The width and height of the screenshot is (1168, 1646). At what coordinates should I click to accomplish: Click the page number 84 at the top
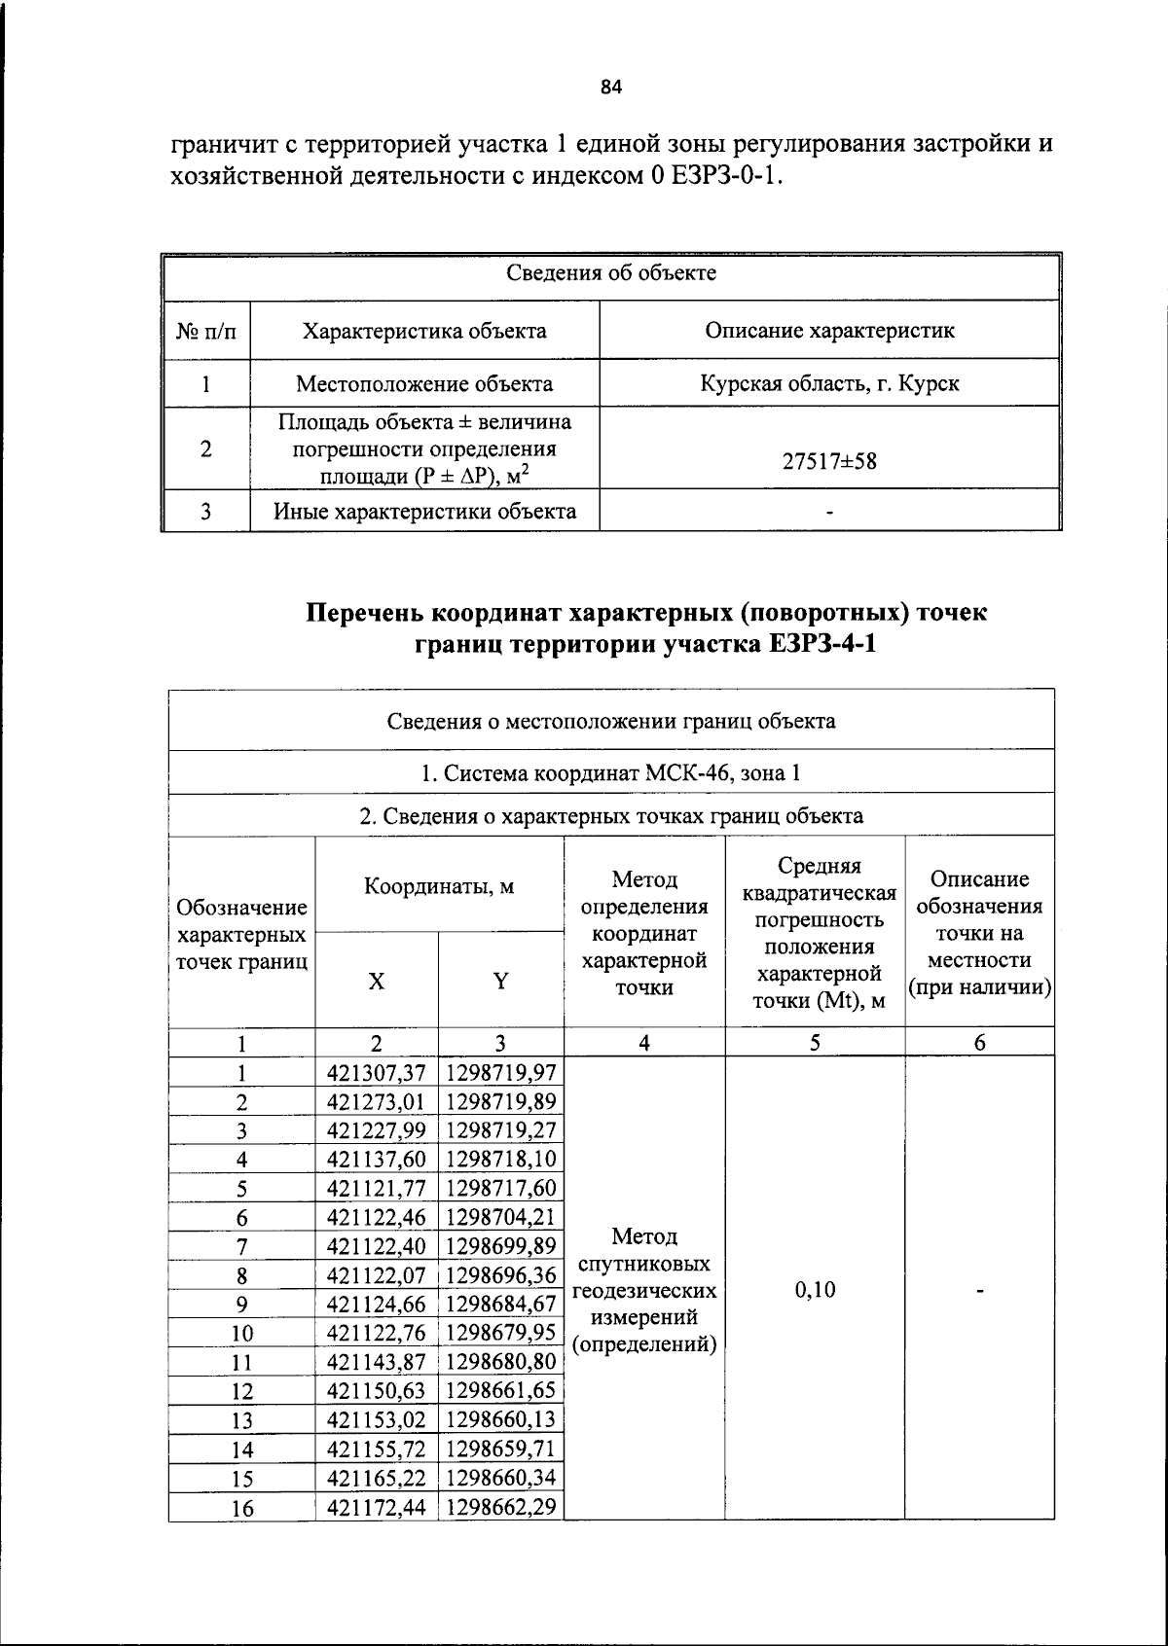pos(610,88)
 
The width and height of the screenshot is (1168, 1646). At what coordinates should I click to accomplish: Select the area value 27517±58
pos(829,461)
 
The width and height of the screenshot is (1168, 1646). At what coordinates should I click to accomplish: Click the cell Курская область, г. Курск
pos(829,383)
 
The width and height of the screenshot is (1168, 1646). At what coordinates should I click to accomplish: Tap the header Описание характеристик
pos(829,331)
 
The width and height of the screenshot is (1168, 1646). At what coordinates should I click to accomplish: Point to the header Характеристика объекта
pos(424,331)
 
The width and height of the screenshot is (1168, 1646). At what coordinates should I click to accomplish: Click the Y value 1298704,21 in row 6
pos(500,1217)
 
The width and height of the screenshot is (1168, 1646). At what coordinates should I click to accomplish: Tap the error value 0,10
pos(815,1290)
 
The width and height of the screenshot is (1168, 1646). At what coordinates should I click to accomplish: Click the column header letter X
pos(376,982)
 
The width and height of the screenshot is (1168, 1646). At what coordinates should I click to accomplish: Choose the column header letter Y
pos(500,982)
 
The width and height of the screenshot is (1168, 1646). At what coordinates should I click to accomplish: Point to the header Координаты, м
pos(439,886)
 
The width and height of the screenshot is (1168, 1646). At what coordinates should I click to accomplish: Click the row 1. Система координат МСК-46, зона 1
pos(610,773)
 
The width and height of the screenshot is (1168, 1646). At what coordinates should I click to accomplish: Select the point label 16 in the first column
pos(241,1508)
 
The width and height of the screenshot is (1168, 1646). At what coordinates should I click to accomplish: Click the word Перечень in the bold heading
pos(365,613)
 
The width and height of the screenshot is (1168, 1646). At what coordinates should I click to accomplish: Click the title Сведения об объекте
pos(610,273)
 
